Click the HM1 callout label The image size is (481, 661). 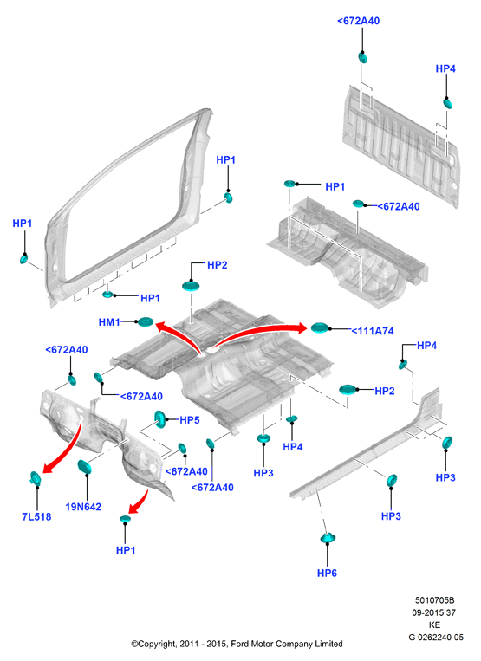(109, 322)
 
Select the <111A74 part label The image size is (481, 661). (373, 331)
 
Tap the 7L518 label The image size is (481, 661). (36, 516)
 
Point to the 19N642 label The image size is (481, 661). (83, 507)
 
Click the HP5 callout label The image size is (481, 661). (190, 420)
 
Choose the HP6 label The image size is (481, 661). (327, 573)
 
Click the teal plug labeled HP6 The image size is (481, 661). (328, 538)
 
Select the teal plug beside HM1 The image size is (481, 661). (145, 322)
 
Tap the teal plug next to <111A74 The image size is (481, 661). (319, 327)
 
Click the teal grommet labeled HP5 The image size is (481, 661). (159, 418)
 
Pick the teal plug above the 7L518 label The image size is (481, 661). (36, 478)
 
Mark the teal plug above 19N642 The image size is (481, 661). (84, 467)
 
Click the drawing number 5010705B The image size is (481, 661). (434, 600)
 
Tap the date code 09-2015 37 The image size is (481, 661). (434, 612)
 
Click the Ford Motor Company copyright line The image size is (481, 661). (237, 644)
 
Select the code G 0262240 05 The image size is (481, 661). (436, 637)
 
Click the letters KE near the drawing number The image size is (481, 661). (434, 625)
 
